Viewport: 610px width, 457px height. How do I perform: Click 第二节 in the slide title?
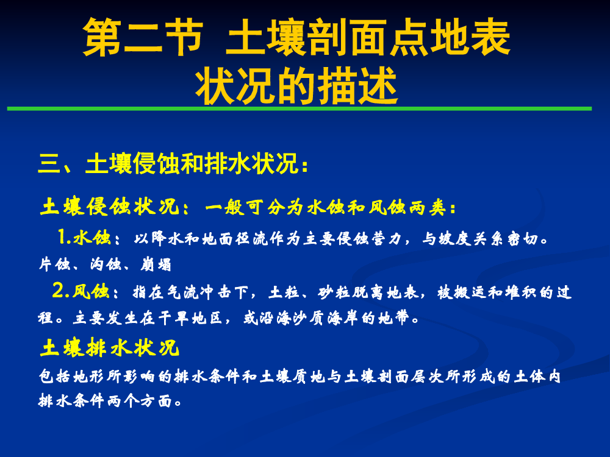(x=143, y=37)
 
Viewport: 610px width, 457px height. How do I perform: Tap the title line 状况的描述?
(x=296, y=86)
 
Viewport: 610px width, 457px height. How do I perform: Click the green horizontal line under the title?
(x=299, y=109)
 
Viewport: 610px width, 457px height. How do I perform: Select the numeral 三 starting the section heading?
(x=49, y=163)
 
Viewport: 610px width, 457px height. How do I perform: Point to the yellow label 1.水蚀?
(x=84, y=237)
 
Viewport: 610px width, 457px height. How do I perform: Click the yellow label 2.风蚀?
(x=81, y=291)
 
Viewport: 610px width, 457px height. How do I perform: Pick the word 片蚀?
(x=54, y=264)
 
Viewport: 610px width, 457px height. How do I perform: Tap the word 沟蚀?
(x=106, y=264)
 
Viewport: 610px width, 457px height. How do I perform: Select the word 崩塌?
(x=156, y=264)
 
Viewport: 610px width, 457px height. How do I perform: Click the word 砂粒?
(x=334, y=292)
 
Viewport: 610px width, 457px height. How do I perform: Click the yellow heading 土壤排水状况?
(x=109, y=347)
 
